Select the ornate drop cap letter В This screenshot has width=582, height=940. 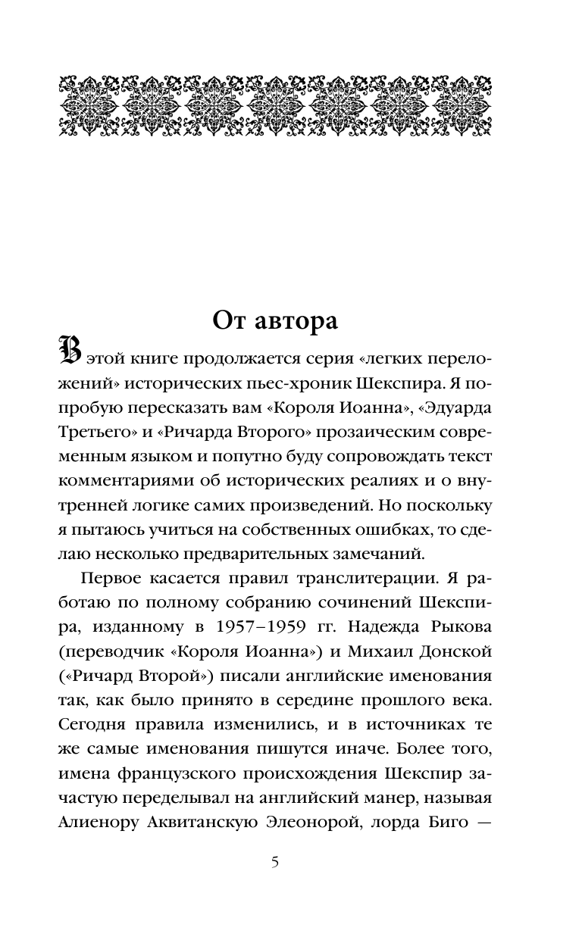69,352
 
